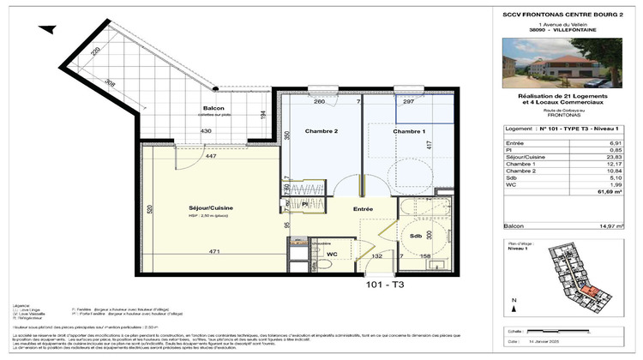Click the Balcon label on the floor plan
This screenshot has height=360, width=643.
tap(213, 109)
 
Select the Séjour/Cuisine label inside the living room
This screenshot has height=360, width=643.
tap(211, 208)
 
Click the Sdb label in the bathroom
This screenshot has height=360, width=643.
tap(415, 235)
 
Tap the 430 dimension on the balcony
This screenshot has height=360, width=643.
tap(206, 130)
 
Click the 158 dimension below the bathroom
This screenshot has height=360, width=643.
tap(426, 255)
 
